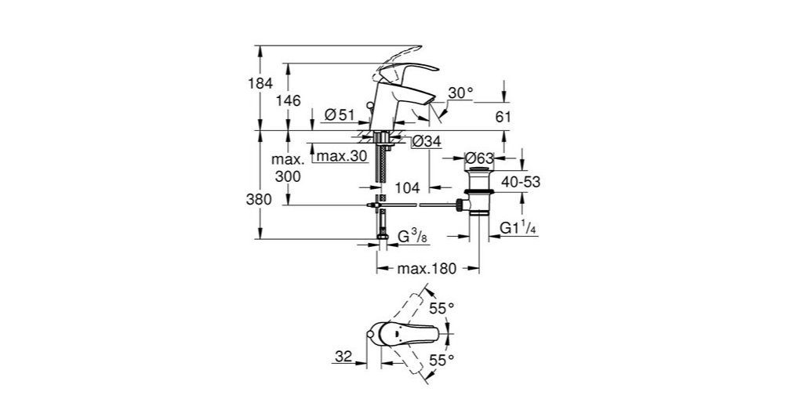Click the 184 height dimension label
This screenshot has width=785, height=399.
[x=260, y=83]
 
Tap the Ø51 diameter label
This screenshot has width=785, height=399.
[x=339, y=115]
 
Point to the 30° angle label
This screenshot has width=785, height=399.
[x=461, y=92]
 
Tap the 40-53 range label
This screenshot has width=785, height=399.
[x=520, y=182]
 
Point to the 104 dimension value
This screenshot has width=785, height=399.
[x=409, y=188]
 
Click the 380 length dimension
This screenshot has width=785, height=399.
[x=260, y=199]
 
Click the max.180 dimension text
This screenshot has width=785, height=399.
[x=427, y=269]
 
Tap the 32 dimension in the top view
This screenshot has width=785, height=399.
[x=342, y=356]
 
